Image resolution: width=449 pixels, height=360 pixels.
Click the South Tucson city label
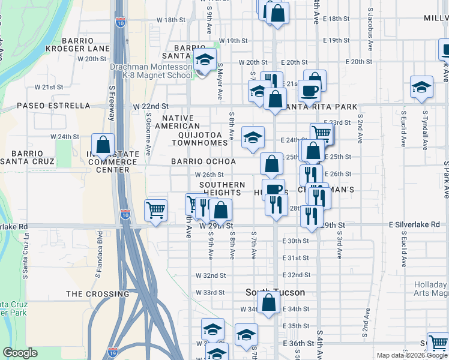click(276, 292)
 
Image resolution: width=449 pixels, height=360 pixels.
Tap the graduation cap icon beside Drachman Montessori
click(205, 60)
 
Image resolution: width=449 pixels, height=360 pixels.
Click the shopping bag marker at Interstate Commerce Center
click(103, 145)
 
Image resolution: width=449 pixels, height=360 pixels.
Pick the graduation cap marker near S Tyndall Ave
click(422, 86)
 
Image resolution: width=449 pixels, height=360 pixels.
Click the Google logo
click(20, 353)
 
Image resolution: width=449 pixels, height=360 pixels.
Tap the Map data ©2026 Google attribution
click(412, 355)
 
